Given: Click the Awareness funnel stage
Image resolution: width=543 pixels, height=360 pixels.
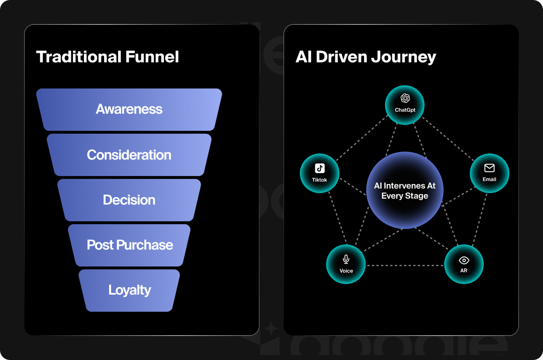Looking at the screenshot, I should coord(129,109).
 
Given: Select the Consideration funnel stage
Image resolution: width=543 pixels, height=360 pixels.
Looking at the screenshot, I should coord(129,155).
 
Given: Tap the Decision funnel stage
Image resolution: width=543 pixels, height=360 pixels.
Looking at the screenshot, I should coord(129,200).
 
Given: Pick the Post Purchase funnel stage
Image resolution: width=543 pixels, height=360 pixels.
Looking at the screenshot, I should coord(130,245).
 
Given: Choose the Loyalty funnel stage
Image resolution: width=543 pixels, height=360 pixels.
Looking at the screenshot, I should coord(130,290).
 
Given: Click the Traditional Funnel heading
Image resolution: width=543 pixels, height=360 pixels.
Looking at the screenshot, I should coord(108,57).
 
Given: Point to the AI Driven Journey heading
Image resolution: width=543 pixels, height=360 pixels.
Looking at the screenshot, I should coord(366,57).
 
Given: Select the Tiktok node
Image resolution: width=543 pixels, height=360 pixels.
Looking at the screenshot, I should coord(320,173).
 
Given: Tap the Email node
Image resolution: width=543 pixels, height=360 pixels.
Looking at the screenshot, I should coord(489,173).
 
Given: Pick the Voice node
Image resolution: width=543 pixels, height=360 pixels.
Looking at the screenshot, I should coord(346,264).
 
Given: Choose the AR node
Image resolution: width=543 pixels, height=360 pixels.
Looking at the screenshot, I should coord(464,264).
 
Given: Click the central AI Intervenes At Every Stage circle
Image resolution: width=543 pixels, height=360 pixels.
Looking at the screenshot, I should coord(405,191).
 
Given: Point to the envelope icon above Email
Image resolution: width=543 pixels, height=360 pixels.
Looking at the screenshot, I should coord(489,168).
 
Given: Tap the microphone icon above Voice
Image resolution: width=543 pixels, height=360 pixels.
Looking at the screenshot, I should coord(346,259).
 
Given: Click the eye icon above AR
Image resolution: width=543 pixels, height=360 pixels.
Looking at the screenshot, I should coord(464,260).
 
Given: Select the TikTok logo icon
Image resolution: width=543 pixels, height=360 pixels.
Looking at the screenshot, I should coord(320,168).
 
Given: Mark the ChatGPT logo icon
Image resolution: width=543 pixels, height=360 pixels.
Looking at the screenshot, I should coord(405,98).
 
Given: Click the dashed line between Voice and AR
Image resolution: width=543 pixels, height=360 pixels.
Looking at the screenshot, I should coord(405,265).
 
